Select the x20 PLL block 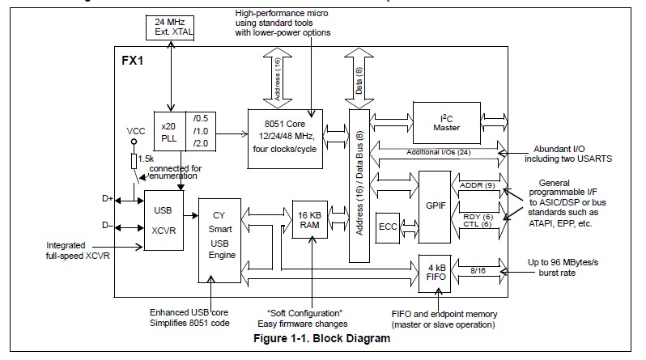pos(169,130)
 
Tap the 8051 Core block pos(284,137)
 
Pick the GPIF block pos(433,205)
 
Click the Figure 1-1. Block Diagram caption pos(322,338)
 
